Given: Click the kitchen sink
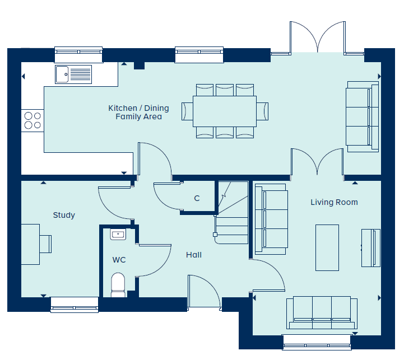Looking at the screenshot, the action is (x=73, y=74).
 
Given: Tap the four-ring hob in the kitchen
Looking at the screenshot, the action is (x=32, y=120).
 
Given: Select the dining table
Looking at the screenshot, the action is (x=225, y=111).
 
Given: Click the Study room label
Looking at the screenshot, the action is (x=64, y=216).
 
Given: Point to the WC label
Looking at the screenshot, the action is (x=119, y=260).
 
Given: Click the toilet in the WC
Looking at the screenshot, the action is (x=118, y=285).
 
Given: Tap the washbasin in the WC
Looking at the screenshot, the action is (x=118, y=235).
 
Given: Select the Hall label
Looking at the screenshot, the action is (x=194, y=255).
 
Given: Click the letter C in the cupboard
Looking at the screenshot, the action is (x=197, y=198).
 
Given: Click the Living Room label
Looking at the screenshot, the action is (x=334, y=202).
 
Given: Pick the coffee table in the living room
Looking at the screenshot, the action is (x=327, y=247).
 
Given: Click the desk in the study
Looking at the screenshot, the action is (x=30, y=244).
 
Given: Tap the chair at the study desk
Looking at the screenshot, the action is (x=45, y=244).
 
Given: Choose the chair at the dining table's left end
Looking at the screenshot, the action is (x=187, y=111).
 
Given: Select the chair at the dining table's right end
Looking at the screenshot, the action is (x=262, y=111).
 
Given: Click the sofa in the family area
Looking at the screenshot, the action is (x=363, y=116).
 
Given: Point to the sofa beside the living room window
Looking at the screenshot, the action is (x=322, y=312).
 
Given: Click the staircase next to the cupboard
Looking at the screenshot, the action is (x=231, y=213).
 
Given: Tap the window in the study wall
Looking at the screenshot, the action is (x=75, y=305).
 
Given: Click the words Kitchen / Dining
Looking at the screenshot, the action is (x=138, y=108).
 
